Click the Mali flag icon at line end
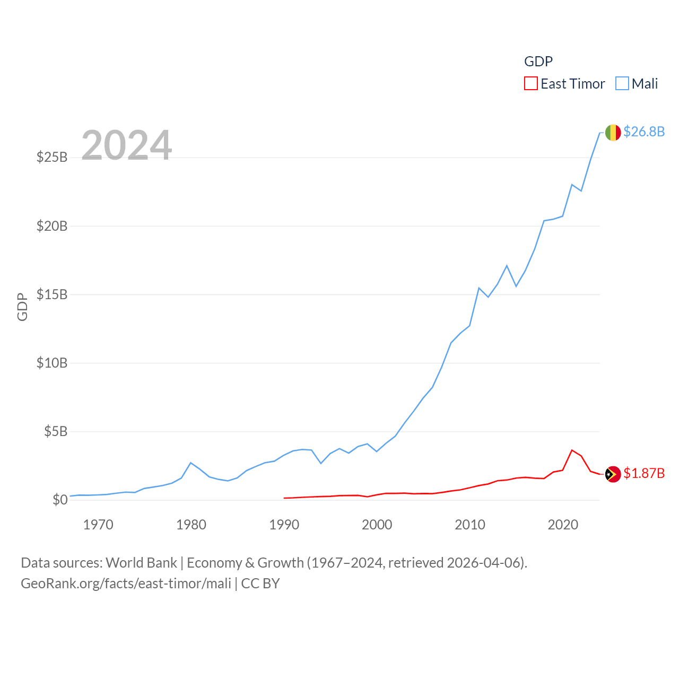point(613,133)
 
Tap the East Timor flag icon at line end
point(613,474)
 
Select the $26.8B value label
point(644,132)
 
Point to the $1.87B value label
point(644,473)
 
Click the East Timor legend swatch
point(530,84)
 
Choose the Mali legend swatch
point(622,84)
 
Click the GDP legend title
point(538,62)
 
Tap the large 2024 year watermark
point(126,145)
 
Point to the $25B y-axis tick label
point(52,158)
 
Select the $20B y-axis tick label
point(52,226)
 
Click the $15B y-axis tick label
point(52,294)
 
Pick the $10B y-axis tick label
point(52,363)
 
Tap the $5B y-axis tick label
point(56,431)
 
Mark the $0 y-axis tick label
point(60,500)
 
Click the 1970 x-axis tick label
point(98,525)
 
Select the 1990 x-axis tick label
point(284,525)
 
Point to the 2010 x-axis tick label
point(470,525)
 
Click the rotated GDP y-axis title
point(22,307)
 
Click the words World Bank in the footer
point(141,563)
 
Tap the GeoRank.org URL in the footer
point(126,584)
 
